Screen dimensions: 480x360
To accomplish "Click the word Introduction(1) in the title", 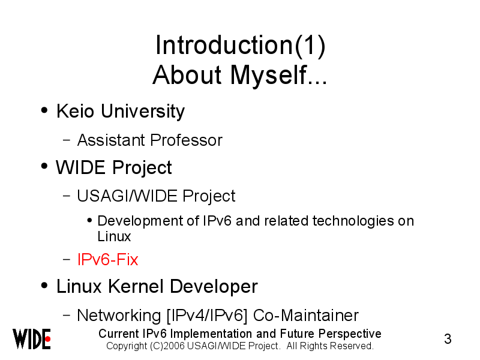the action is tap(241, 46).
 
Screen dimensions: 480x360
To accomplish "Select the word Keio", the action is tap(75, 111).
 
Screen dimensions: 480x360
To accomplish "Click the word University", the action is tap(143, 112).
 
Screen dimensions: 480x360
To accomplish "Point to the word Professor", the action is tap(186, 140).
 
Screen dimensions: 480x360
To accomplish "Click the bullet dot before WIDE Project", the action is tap(44, 166).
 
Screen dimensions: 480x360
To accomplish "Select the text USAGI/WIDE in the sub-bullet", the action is tap(127, 196).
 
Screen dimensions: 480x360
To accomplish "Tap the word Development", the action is tap(140, 221).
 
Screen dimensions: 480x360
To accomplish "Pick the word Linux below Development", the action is tap(114, 236).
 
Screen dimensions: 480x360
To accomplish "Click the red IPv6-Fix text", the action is tap(107, 260).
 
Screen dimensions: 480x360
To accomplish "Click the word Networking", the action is tap(119, 316).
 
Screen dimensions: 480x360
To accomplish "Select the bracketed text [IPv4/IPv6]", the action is tap(206, 316).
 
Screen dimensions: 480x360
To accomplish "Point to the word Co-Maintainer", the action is tap(306, 316).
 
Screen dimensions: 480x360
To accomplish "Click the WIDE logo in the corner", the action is tap(32, 339).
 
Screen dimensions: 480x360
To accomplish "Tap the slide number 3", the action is tap(448, 339).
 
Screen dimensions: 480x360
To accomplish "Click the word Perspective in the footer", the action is tap(350, 334).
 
